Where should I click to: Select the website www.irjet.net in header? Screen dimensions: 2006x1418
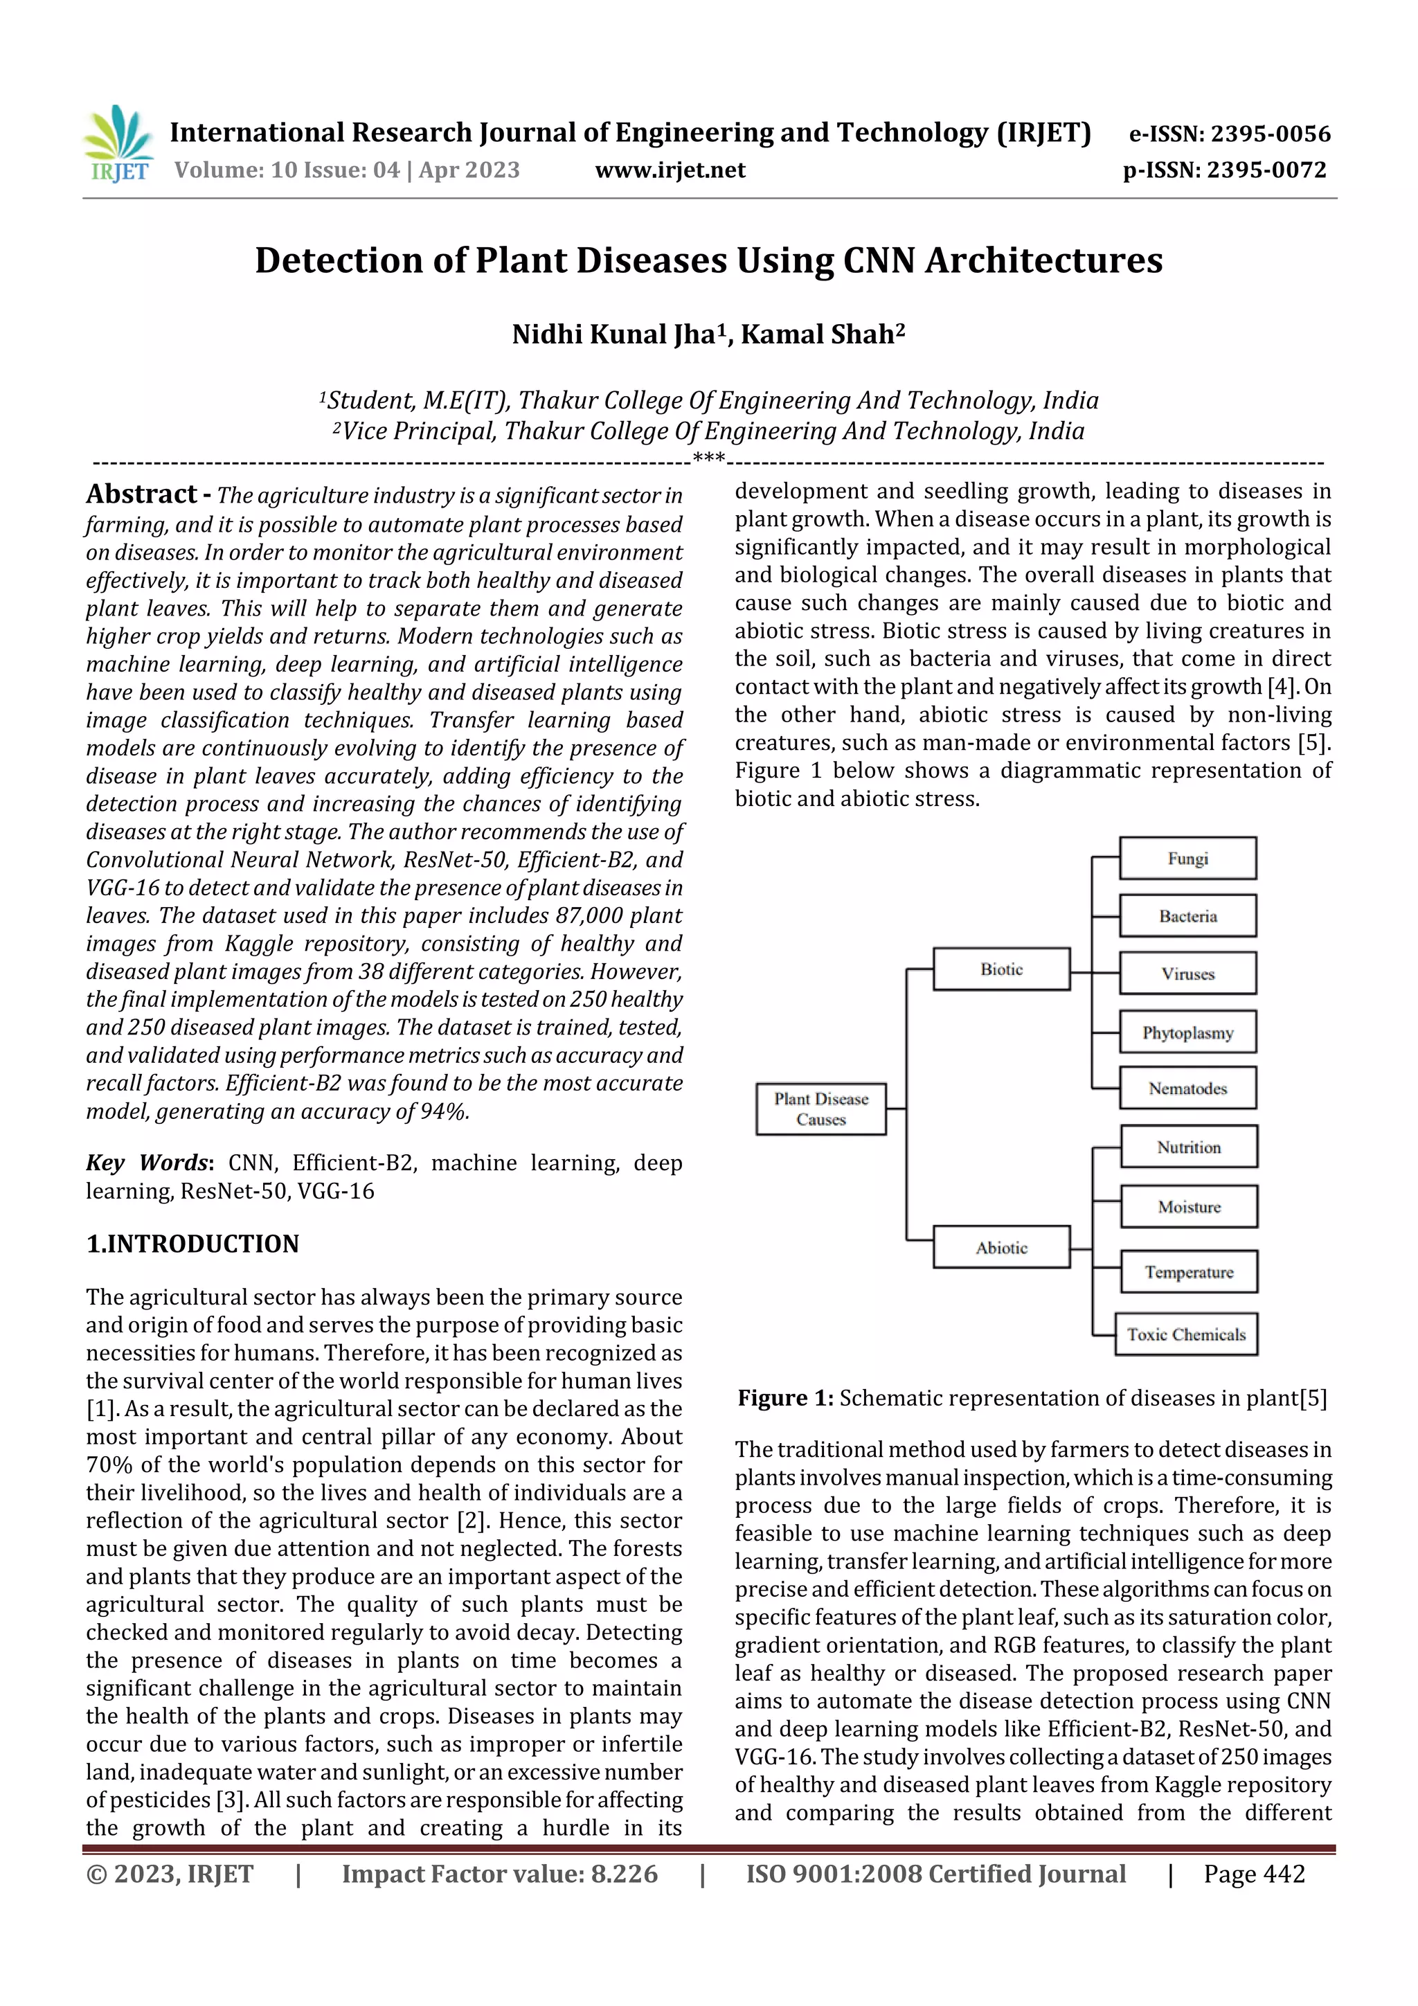pos(670,170)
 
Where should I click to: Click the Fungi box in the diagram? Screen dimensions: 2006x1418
pos(1187,858)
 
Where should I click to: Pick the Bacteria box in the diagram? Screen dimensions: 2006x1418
pos(1187,915)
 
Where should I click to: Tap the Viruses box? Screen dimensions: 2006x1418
pos(1187,974)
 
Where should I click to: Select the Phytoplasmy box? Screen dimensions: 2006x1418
pos(1187,1032)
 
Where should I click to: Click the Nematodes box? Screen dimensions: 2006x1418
pos(1187,1088)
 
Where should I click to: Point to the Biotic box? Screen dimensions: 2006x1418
pos(1001,969)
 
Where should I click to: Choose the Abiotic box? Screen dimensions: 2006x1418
pos(1001,1247)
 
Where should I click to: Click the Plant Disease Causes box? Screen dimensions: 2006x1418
pos(820,1109)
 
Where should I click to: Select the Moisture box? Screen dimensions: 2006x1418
pos(1188,1206)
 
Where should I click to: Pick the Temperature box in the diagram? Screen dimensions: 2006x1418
pos(1188,1271)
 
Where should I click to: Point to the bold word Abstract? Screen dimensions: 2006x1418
pos(141,494)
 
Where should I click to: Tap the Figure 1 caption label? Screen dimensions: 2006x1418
pos(785,1398)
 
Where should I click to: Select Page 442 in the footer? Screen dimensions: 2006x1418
pos(1254,1873)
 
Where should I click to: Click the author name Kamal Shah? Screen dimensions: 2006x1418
pos(821,334)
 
